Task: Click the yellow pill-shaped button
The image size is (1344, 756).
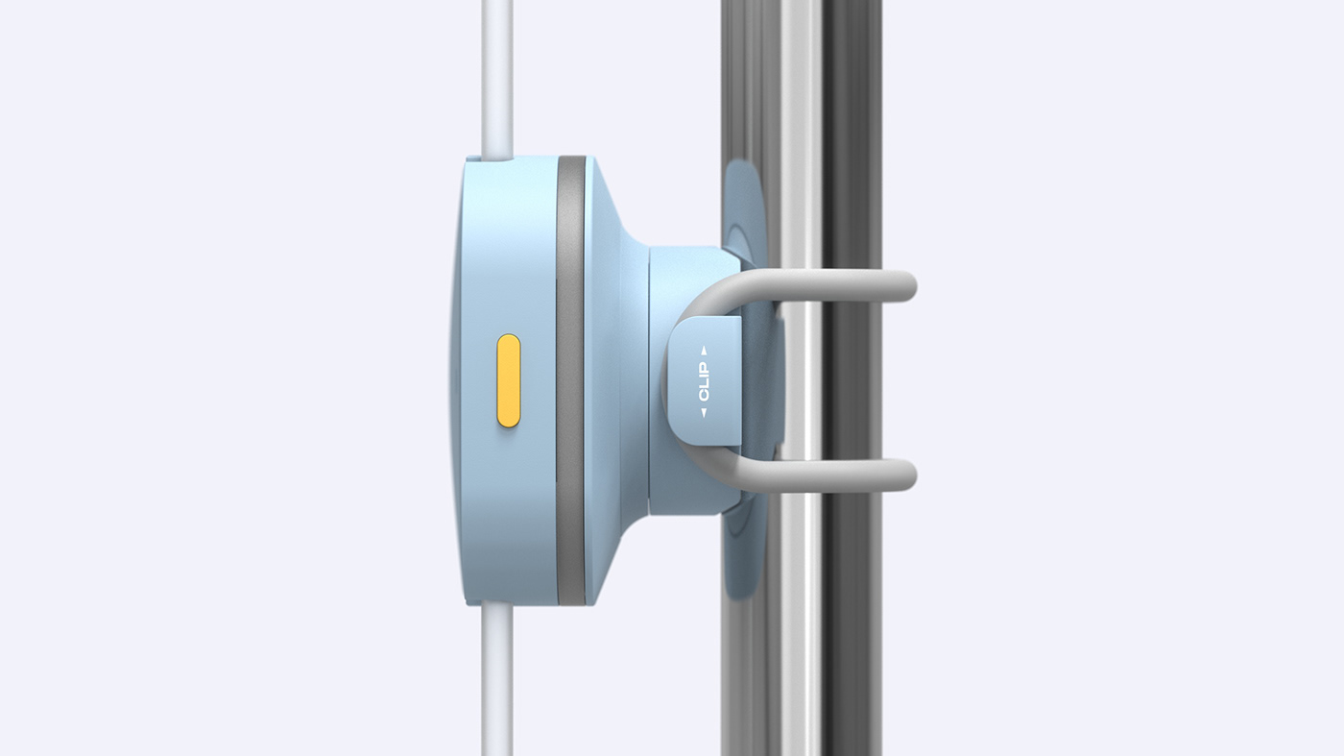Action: pyautogui.click(x=509, y=380)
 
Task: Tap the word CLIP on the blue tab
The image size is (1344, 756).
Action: pyautogui.click(x=704, y=381)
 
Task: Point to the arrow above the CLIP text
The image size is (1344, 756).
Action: pyautogui.click(x=704, y=352)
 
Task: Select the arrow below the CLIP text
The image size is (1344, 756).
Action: pyautogui.click(x=704, y=412)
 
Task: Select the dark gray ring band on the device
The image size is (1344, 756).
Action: pyautogui.click(x=570, y=380)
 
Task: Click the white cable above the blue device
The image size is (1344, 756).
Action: pyautogui.click(x=496, y=77)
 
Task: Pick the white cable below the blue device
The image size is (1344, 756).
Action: pyautogui.click(x=496, y=682)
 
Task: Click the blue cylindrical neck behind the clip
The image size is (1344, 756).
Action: pyautogui.click(x=672, y=288)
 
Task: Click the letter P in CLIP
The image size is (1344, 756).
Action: pyautogui.click(x=704, y=368)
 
